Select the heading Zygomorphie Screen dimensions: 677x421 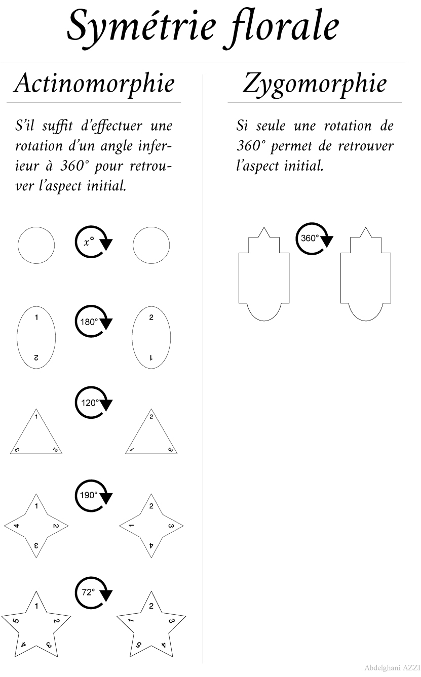tap(314, 84)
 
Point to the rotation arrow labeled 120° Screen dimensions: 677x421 tap(91, 403)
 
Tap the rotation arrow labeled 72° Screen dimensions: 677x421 tap(91, 591)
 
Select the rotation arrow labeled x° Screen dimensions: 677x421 tap(91, 242)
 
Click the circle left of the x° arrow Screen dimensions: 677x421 tap(36, 246)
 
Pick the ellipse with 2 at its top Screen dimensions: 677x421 tap(151, 338)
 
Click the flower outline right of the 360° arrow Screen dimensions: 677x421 tap(365, 276)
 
